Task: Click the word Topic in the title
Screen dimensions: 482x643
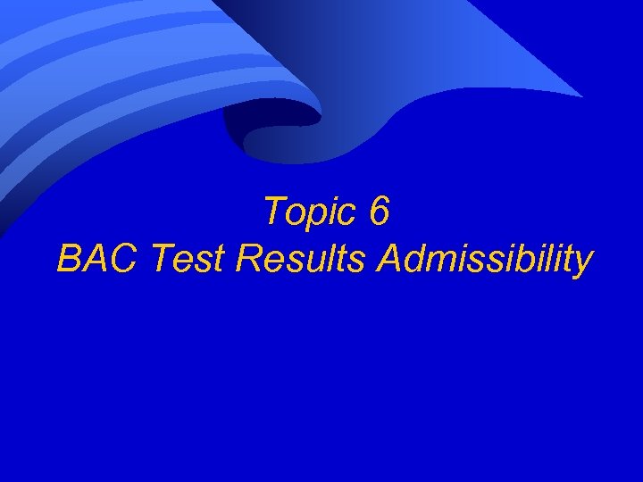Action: click(309, 212)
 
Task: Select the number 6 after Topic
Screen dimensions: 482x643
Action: click(379, 212)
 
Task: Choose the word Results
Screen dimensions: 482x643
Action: click(301, 259)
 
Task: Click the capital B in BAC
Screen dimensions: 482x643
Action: click(69, 259)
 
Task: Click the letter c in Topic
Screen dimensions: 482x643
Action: click(346, 215)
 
